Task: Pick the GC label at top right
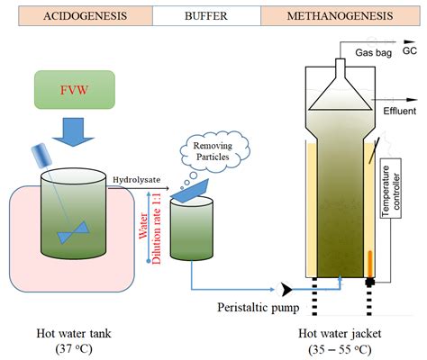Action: [x=410, y=51]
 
